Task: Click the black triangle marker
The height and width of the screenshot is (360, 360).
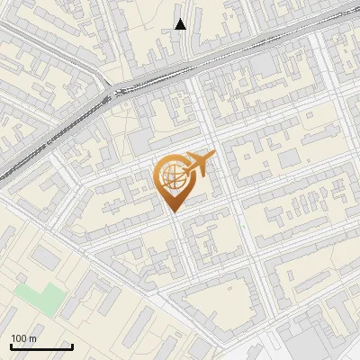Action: tap(181, 24)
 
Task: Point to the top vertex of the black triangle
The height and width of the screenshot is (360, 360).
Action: tap(181, 19)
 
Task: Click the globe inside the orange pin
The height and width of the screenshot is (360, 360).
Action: tap(171, 176)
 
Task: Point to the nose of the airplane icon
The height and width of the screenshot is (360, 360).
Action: tap(213, 157)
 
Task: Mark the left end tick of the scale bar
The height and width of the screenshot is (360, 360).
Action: tap(11, 345)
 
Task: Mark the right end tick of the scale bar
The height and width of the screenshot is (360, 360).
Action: tap(72, 345)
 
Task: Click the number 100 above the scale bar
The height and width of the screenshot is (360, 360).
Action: tap(20, 338)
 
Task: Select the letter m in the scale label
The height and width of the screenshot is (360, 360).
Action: tap(33, 339)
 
